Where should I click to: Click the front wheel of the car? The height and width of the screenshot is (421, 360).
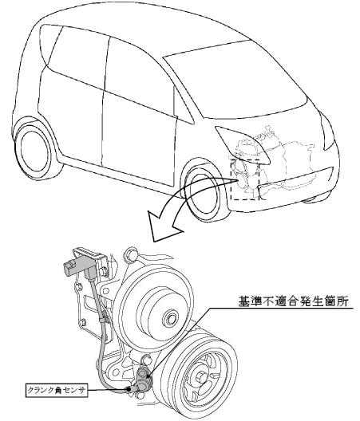[203, 193]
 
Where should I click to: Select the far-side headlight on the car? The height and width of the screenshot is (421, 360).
[327, 132]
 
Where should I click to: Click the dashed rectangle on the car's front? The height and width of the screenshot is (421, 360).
[245, 179]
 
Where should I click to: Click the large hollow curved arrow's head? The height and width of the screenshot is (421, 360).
[164, 225]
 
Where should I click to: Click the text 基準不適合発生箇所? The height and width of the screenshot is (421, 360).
[294, 301]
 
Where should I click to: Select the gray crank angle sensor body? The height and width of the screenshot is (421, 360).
[144, 380]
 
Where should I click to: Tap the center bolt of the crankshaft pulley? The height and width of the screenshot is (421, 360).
[201, 379]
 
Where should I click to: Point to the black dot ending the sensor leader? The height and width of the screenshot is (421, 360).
[129, 389]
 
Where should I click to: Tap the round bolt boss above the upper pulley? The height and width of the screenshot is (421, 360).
[131, 254]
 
